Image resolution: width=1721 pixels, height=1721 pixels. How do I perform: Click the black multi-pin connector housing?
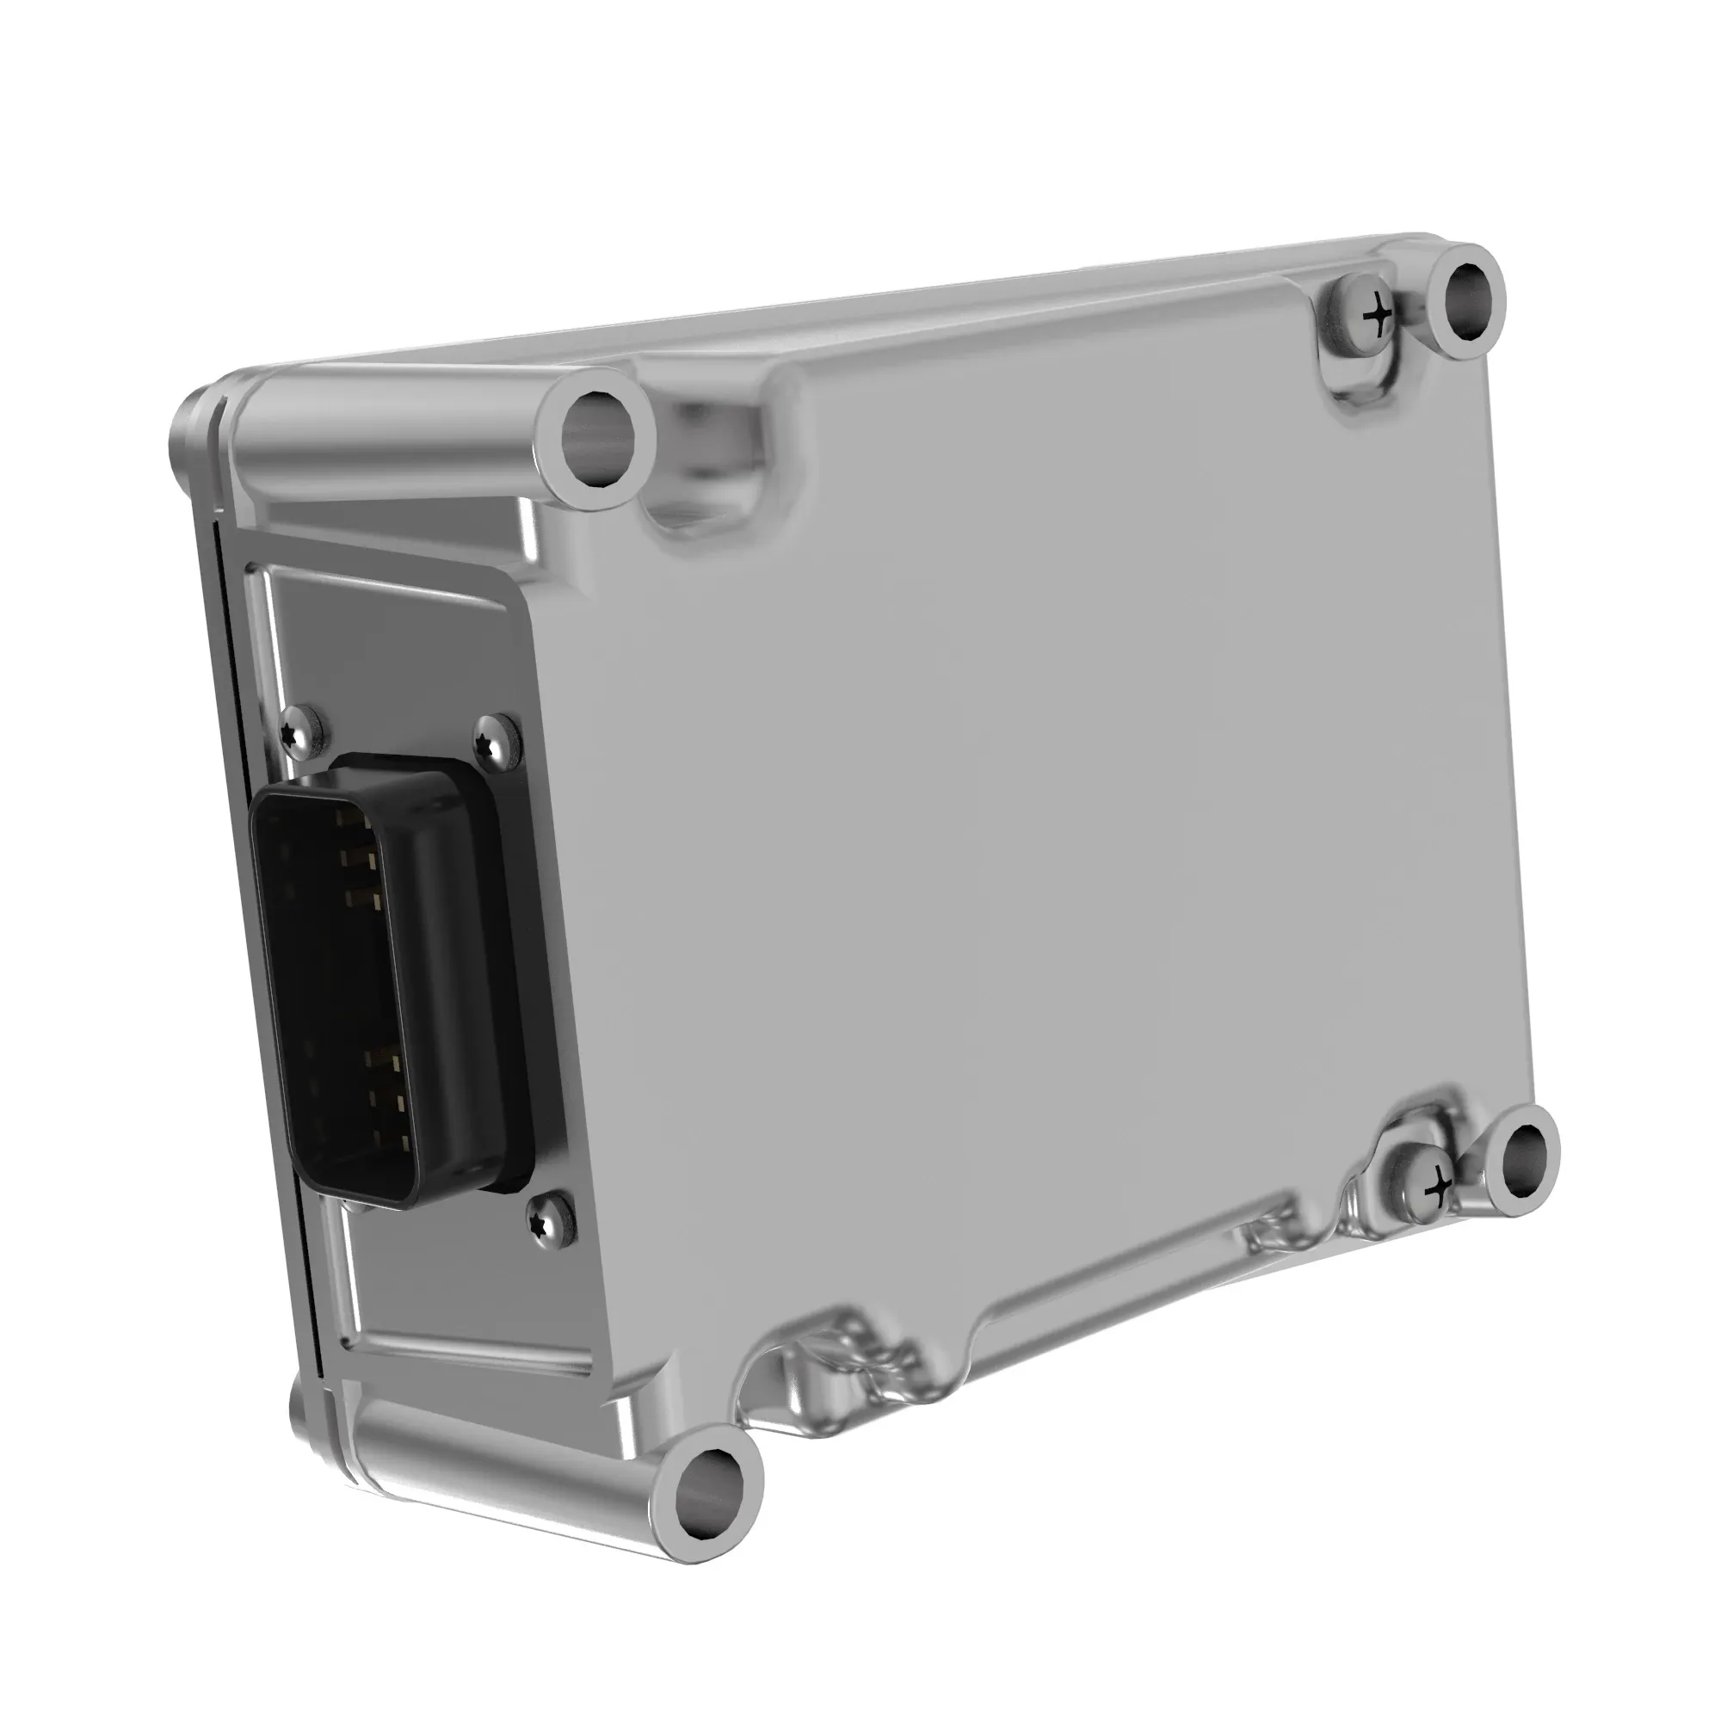(x=392, y=980)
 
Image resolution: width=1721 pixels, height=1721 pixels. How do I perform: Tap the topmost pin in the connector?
(x=348, y=815)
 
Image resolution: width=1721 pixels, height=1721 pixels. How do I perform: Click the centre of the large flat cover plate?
(x=1024, y=802)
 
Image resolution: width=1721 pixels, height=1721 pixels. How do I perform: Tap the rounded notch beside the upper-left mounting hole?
(x=704, y=499)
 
